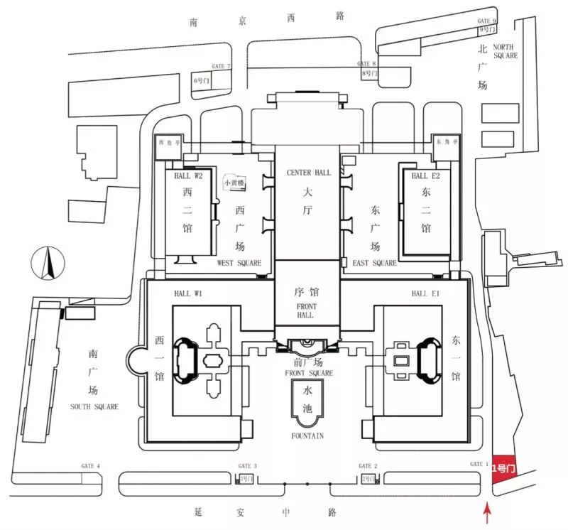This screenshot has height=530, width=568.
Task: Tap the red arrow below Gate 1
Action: [x=486, y=512]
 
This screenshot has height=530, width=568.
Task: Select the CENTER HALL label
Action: [x=308, y=173]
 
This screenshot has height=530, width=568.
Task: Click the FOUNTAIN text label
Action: [x=307, y=435]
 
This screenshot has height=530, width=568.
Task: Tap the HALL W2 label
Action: [x=189, y=175]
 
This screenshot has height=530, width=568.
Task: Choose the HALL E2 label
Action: [x=425, y=175]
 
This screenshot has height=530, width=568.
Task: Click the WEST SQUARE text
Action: [x=239, y=264]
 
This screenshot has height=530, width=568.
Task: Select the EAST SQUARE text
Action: [x=374, y=264]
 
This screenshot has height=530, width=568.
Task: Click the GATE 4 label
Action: [x=91, y=466]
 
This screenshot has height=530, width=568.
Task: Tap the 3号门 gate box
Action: [x=246, y=479]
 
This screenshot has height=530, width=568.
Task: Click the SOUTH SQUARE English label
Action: [x=94, y=406]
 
